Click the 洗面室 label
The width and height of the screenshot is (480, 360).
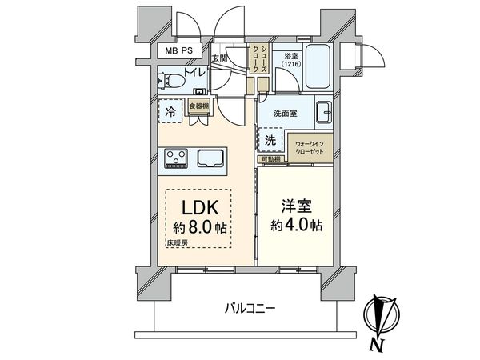coord(282,113)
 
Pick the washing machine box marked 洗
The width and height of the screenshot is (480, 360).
coord(270,138)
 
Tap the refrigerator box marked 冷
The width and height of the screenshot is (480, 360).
coord(170,112)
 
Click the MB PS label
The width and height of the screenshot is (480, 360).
coord(180,50)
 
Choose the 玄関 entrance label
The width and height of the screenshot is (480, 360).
coord(221,58)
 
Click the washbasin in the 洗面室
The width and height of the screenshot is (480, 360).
coord(323,112)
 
